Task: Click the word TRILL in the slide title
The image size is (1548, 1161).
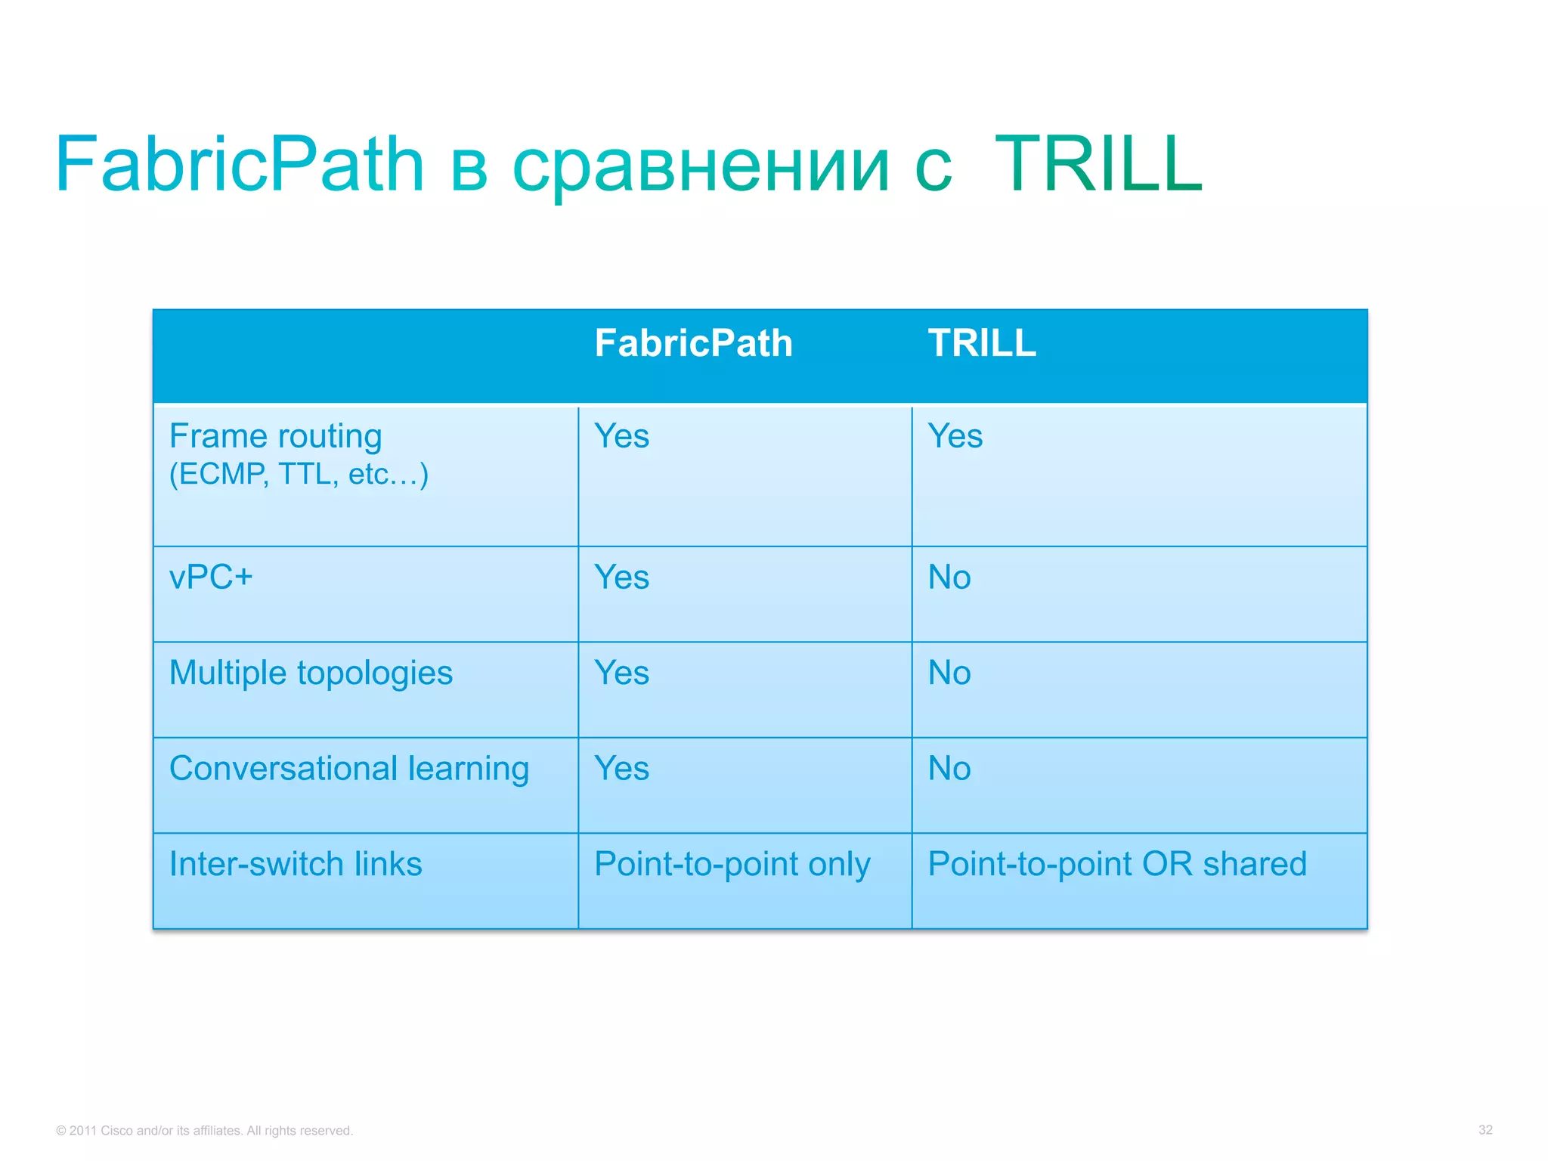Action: point(1098,164)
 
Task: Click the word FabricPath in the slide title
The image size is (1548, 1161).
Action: point(240,164)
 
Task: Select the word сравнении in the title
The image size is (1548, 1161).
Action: point(701,166)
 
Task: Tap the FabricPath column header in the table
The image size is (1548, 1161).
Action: point(693,343)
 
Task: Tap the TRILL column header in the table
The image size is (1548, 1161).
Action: point(981,343)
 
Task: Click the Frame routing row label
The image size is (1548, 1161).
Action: point(275,436)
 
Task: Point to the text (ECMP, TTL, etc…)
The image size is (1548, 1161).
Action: point(299,475)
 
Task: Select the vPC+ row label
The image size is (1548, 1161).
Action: point(211,577)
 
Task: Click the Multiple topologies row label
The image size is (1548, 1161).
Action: point(311,673)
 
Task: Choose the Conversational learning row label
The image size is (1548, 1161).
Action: point(349,769)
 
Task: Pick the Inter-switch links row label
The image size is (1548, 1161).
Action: point(296,864)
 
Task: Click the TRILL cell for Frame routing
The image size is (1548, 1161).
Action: point(955,436)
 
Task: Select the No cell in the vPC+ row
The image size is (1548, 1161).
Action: point(949,577)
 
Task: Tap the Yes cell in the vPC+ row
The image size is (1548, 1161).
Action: point(621,577)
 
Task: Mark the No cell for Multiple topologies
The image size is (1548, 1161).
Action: point(949,673)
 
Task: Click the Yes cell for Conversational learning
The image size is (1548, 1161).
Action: point(621,769)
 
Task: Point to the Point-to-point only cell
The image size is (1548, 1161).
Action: point(732,864)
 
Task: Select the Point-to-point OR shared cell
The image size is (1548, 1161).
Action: point(1116,864)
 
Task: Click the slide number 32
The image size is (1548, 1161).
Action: point(1485,1130)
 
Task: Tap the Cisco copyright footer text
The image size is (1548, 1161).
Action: point(204,1131)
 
